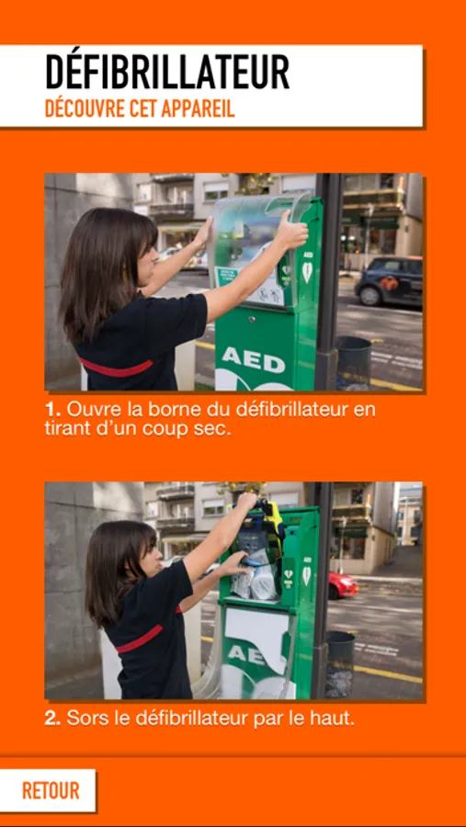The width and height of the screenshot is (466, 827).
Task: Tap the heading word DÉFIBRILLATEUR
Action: pos(167,72)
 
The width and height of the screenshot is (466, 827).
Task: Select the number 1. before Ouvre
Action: pos(52,409)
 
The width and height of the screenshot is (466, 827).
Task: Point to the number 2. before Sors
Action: pos(52,719)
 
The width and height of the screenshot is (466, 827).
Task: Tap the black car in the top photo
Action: pos(389,280)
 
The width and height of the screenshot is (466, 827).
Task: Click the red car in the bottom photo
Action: pos(343,585)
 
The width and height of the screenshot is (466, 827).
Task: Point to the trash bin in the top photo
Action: pos(353,362)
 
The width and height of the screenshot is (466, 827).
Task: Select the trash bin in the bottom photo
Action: pos(340,664)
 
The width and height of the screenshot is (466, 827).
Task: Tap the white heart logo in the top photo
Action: pos(307,272)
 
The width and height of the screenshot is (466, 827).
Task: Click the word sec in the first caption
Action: pos(216,429)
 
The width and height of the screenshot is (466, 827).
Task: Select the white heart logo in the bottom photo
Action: pos(307,575)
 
